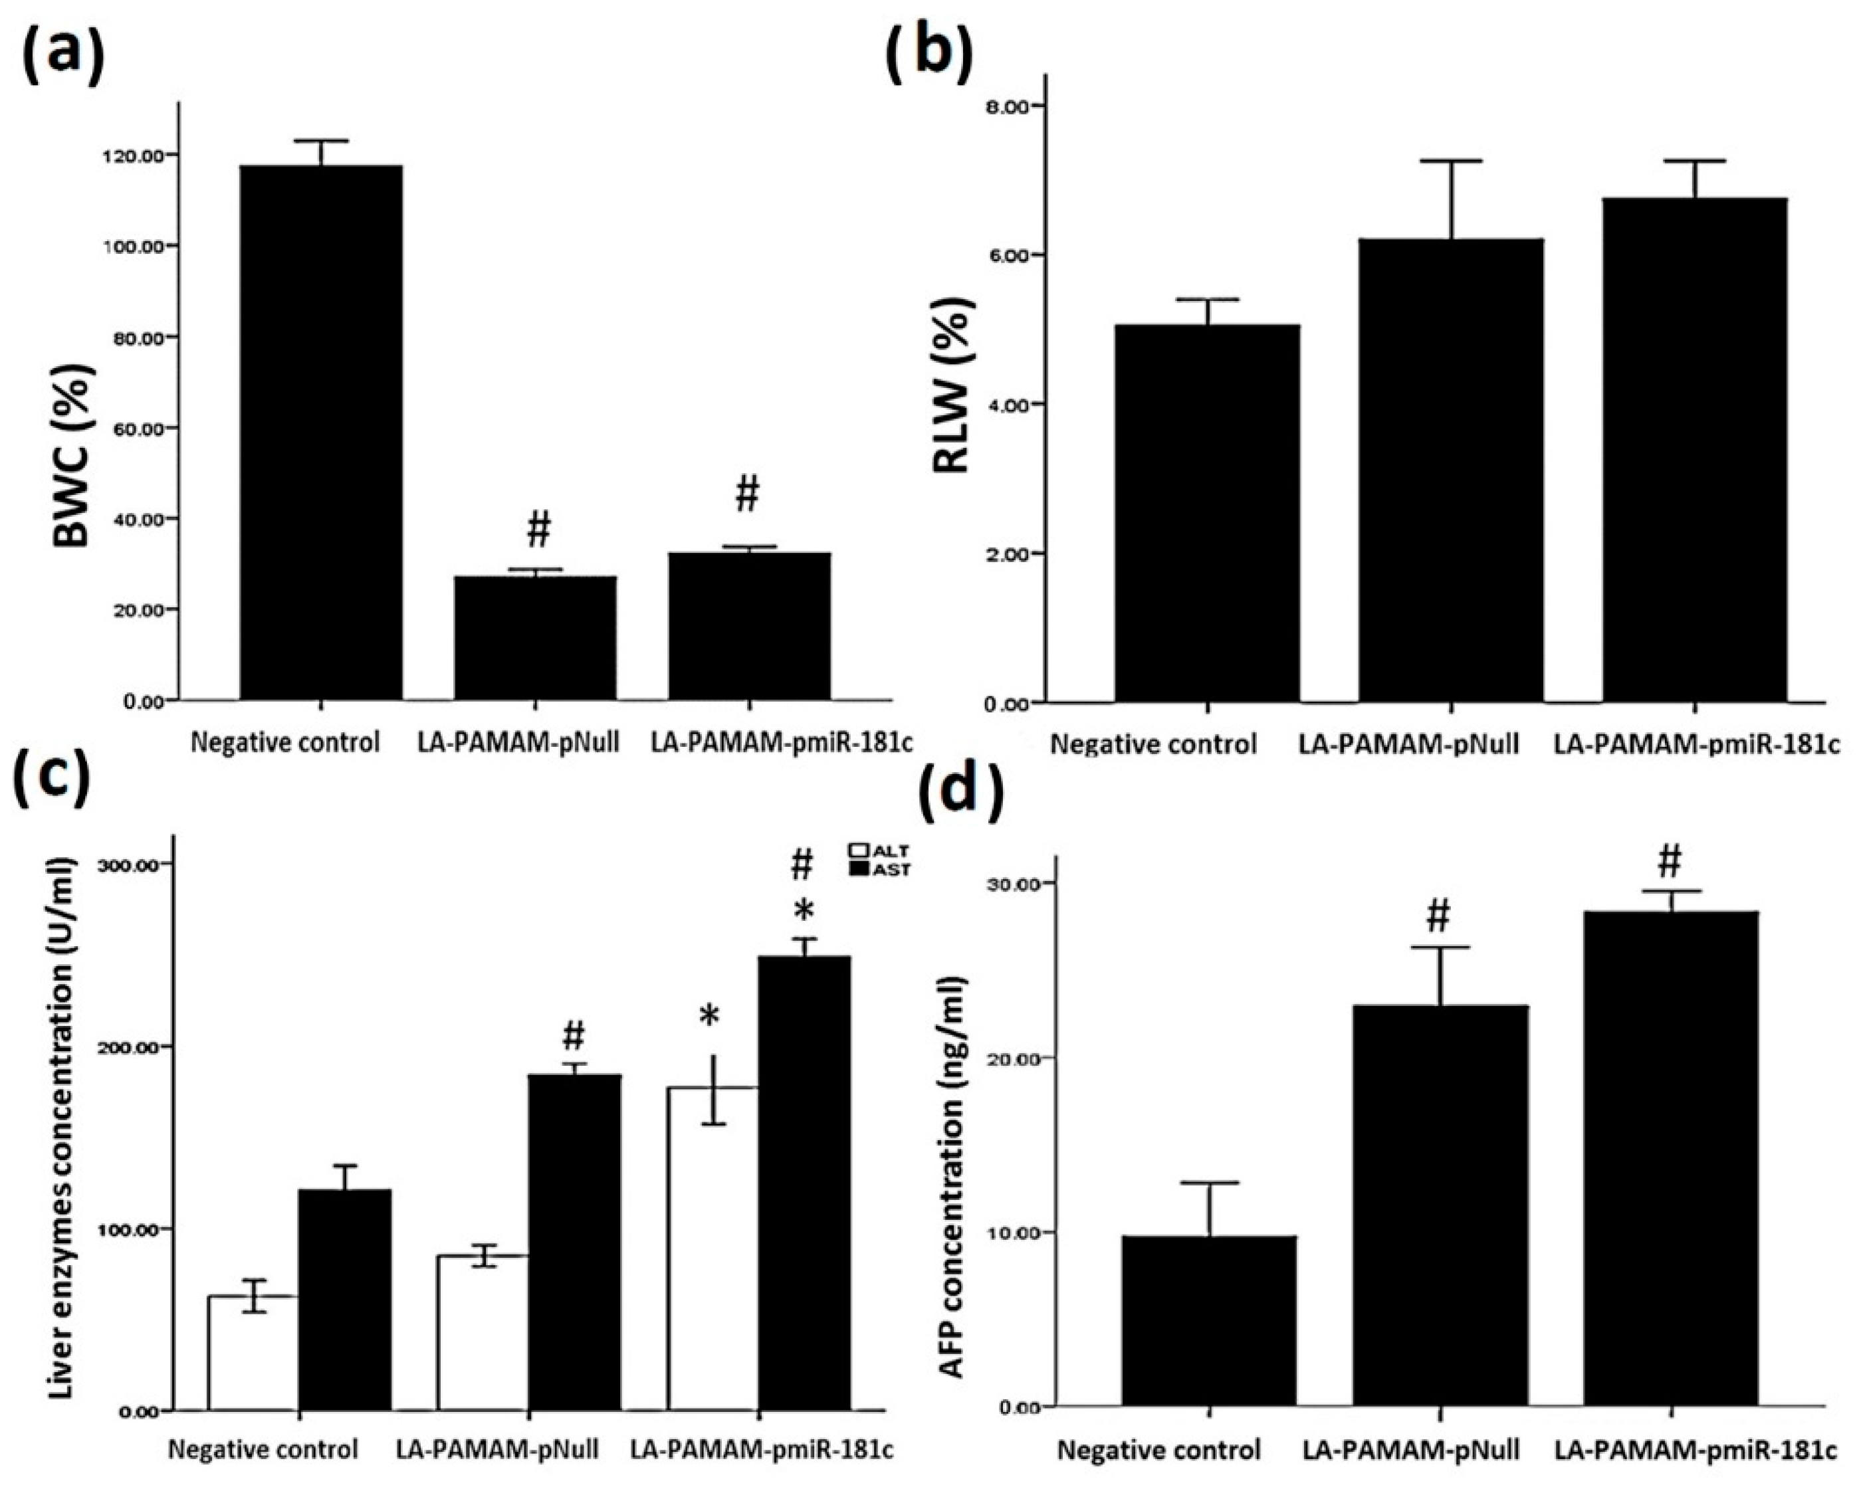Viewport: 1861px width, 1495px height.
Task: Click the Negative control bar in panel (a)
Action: point(321,432)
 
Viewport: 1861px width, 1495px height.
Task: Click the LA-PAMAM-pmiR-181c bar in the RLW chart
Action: point(1694,449)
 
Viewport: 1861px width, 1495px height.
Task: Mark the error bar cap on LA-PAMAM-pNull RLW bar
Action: point(1452,161)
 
